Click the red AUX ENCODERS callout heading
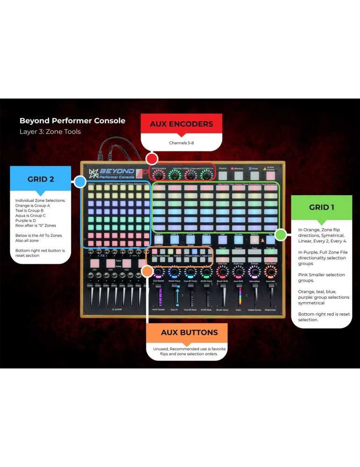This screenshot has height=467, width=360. click(x=181, y=124)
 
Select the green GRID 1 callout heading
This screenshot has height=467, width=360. click(x=321, y=207)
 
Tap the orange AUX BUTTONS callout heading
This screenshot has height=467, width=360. click(x=183, y=333)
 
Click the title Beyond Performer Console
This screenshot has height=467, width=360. click(x=72, y=120)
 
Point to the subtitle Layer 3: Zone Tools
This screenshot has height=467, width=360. click(x=50, y=132)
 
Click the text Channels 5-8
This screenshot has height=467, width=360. click(x=181, y=142)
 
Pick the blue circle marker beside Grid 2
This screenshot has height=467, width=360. click(x=80, y=182)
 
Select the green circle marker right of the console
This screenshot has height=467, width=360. click(x=280, y=234)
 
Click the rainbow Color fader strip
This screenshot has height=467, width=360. click(x=240, y=296)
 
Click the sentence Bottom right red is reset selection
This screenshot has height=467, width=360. click(x=324, y=317)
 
